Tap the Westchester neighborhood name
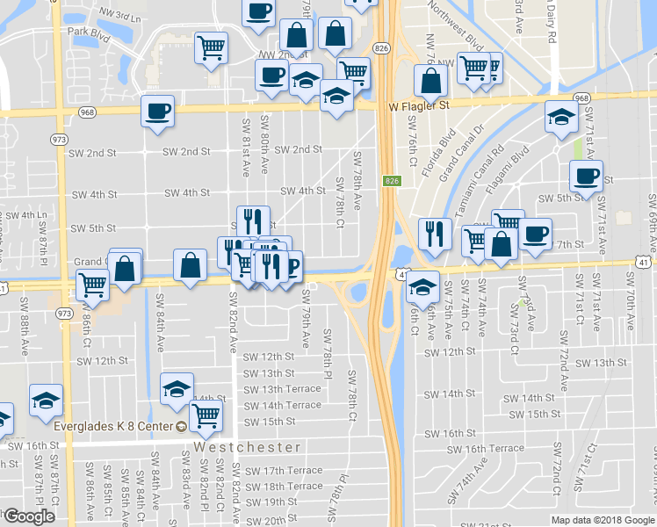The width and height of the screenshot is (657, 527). (248, 446)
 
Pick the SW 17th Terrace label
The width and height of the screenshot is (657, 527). (282, 471)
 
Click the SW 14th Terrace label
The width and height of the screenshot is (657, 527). (282, 405)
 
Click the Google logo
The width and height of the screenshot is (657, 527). (28, 516)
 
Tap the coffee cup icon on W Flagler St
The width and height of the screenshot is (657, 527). (158, 112)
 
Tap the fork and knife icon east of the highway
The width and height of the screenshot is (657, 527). (435, 233)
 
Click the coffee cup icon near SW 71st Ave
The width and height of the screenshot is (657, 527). (586, 176)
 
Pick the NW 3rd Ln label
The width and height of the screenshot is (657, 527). (121, 15)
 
